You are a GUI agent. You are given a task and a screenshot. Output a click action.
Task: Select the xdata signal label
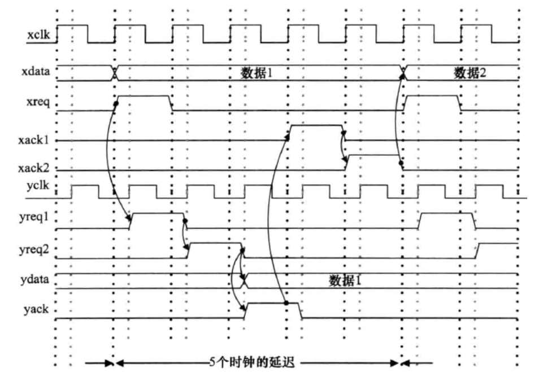40,72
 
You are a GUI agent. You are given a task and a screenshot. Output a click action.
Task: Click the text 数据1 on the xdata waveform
258,72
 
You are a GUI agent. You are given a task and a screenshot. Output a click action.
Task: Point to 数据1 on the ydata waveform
345,281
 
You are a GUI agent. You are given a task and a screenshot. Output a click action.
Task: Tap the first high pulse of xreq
144,96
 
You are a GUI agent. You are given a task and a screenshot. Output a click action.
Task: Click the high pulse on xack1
316,126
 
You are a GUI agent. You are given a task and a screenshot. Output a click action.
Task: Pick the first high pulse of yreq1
157,215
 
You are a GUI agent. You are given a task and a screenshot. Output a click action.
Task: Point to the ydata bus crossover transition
244,281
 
